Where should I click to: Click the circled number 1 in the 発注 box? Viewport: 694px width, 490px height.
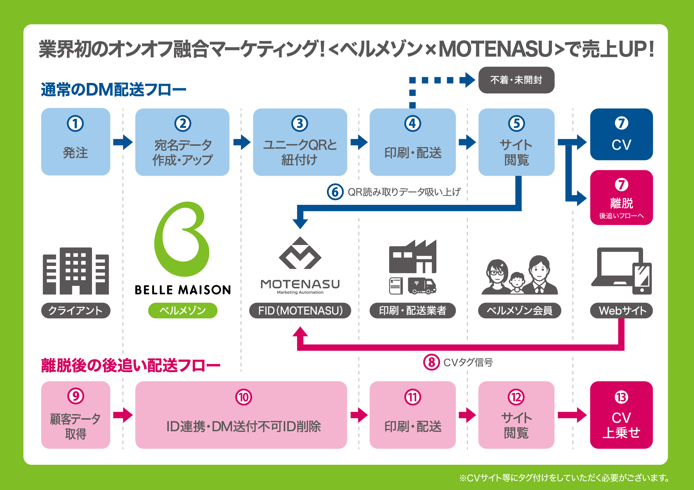click(75, 124)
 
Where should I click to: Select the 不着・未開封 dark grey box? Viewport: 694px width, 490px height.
click(516, 80)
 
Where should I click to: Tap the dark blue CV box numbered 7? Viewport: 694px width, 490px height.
click(622, 134)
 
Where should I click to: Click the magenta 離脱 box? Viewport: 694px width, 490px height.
click(622, 198)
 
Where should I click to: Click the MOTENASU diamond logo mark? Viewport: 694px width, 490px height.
click(300, 253)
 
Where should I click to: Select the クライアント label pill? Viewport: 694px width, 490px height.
click(76, 310)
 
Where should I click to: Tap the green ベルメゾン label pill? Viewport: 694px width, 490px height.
click(183, 310)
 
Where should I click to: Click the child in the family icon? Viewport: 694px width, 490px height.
click(517, 283)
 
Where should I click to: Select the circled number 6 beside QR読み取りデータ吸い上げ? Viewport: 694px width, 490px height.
click(335, 192)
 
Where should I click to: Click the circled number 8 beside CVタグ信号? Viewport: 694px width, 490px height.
click(432, 362)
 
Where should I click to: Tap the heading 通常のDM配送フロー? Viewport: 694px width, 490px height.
click(114, 90)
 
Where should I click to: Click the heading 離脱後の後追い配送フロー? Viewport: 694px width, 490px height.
click(131, 365)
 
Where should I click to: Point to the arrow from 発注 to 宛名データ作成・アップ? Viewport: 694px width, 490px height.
click(123, 142)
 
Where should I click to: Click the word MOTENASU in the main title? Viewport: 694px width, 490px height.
click(495, 49)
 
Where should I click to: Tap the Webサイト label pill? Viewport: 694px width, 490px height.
click(622, 310)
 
